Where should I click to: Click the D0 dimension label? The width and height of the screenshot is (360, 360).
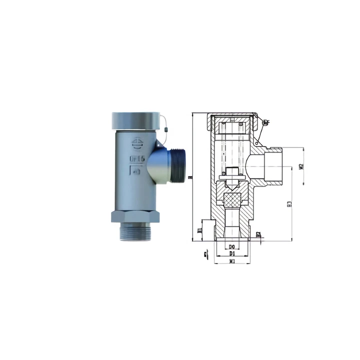pyautogui.click(x=232, y=247)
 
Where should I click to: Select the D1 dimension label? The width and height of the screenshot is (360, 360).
pyautogui.click(x=232, y=253)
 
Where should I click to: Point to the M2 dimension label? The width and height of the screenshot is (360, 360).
pyautogui.click(x=301, y=166)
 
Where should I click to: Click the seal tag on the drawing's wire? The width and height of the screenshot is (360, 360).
pyautogui.click(x=265, y=121)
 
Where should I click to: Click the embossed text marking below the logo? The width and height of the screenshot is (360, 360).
pyautogui.click(x=137, y=158)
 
